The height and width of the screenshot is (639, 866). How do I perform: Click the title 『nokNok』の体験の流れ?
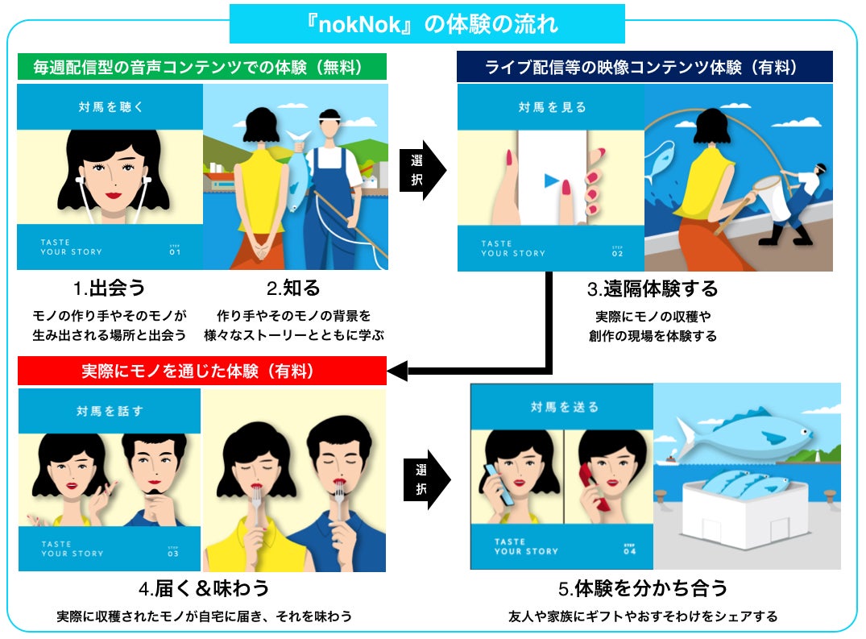tap(427, 24)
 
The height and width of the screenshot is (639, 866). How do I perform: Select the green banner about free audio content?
tap(201, 67)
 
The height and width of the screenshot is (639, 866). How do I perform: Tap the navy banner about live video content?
tap(644, 67)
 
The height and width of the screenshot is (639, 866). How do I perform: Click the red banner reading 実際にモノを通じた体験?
tap(201, 371)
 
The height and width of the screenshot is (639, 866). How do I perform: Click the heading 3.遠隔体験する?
tap(652, 288)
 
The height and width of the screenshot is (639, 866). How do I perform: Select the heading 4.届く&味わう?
tap(203, 587)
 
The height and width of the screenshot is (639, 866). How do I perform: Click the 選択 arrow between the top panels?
tap(422, 170)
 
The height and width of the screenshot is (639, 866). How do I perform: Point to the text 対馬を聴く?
tap(110, 106)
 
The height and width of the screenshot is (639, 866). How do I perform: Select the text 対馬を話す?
tap(110, 411)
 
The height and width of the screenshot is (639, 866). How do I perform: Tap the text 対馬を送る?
tap(564, 407)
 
